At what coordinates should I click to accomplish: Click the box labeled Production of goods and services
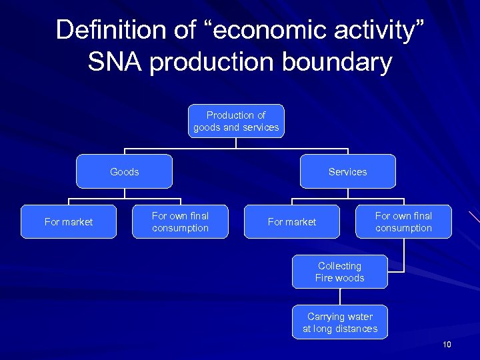[236, 121]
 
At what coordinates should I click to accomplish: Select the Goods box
[125, 172]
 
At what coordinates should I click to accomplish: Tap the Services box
[347, 172]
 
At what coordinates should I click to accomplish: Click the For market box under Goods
[69, 222]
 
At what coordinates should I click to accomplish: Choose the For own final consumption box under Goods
[180, 222]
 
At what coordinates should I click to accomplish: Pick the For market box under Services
[292, 222]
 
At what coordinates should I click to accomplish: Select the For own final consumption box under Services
[403, 222]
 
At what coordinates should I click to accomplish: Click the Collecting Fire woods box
[339, 272]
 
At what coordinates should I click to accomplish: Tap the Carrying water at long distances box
[339, 323]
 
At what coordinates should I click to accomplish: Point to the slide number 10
[447, 345]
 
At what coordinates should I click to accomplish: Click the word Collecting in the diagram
[339, 266]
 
